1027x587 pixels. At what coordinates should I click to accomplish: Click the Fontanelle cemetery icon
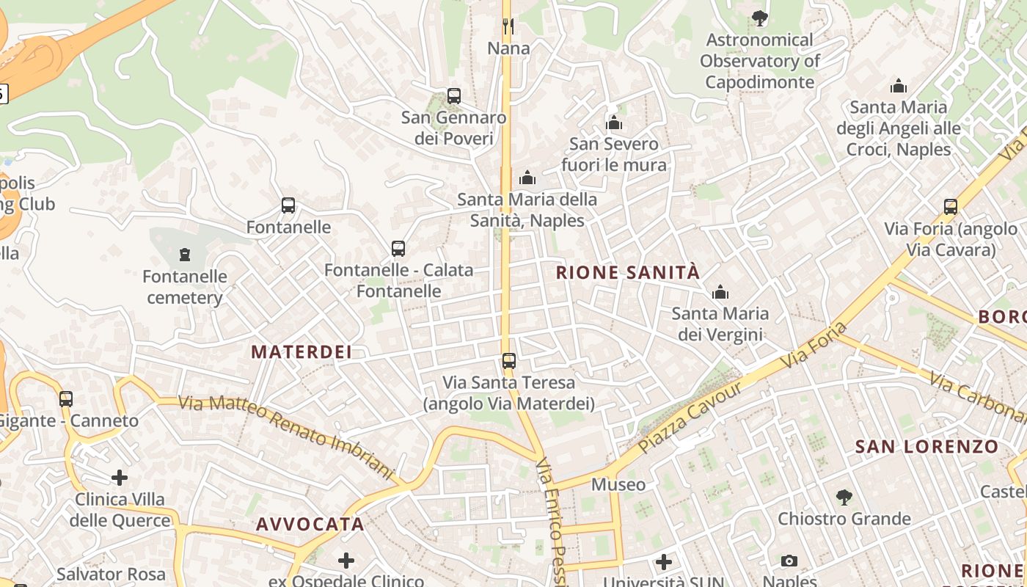pyautogui.click(x=185, y=255)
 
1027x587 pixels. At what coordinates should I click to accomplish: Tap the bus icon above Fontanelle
pyautogui.click(x=288, y=205)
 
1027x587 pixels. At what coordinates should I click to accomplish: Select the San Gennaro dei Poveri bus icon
pyautogui.click(x=454, y=96)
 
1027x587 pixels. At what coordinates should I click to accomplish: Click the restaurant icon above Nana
pyautogui.click(x=508, y=26)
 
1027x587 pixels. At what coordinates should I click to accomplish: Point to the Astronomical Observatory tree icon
pyautogui.click(x=760, y=18)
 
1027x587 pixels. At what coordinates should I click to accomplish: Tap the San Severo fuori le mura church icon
pyautogui.click(x=614, y=123)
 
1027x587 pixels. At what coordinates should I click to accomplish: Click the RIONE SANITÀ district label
pyautogui.click(x=628, y=273)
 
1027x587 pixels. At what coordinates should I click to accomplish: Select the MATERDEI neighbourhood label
pyautogui.click(x=301, y=352)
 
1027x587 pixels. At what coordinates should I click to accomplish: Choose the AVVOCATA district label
pyautogui.click(x=310, y=525)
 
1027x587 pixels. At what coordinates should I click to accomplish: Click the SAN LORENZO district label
pyautogui.click(x=927, y=446)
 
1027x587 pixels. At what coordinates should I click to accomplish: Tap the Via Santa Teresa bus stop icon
pyautogui.click(x=509, y=361)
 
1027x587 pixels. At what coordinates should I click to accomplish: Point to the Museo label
pyautogui.click(x=618, y=484)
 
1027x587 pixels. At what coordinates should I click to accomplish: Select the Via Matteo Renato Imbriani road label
pyautogui.click(x=286, y=433)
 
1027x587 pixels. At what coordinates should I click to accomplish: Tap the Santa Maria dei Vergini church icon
pyautogui.click(x=720, y=293)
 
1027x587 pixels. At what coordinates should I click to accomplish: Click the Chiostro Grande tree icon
pyautogui.click(x=844, y=497)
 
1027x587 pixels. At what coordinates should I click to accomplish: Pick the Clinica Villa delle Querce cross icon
pyautogui.click(x=120, y=478)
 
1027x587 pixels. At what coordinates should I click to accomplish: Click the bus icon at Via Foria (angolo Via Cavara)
pyautogui.click(x=951, y=207)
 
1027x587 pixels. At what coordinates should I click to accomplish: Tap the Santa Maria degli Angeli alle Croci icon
pyautogui.click(x=899, y=87)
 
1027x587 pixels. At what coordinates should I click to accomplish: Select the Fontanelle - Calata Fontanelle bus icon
pyautogui.click(x=398, y=249)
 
